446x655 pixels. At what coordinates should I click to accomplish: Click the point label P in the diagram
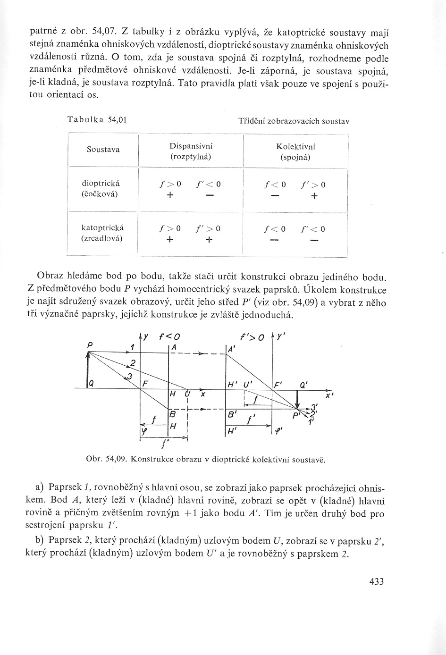pos(89,345)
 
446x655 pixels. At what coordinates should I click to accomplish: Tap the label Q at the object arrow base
pos(91,384)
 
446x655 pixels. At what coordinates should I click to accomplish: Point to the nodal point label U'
pos(247,385)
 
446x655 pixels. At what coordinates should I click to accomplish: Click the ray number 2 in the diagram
pos(133,362)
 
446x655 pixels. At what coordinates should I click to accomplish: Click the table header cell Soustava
pos(103,150)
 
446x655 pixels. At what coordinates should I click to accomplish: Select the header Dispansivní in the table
pos(190,146)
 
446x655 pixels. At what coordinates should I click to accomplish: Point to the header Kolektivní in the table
pos(295,146)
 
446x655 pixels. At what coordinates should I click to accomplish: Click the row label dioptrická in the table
pos(101,184)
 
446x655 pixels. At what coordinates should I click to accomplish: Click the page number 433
pos(377,581)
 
